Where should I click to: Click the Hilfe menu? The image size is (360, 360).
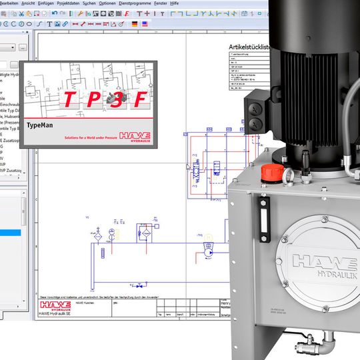175,3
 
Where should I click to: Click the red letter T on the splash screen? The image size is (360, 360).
68,101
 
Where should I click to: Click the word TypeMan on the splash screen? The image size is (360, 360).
40,125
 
